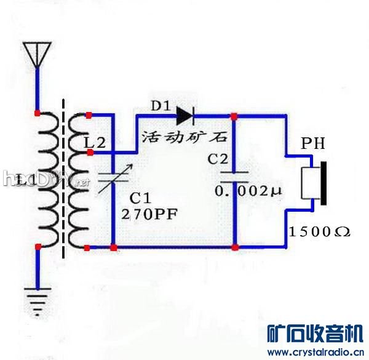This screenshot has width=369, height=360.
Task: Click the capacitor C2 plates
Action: point(234,177)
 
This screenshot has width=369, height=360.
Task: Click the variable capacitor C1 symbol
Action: point(114,179)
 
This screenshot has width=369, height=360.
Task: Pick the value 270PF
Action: point(151,215)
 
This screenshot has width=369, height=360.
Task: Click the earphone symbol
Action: point(314,182)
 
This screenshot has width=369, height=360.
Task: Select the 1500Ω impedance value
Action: point(319,232)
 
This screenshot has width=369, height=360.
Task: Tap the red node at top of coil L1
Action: point(38,114)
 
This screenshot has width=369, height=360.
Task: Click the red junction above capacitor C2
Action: point(234,115)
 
